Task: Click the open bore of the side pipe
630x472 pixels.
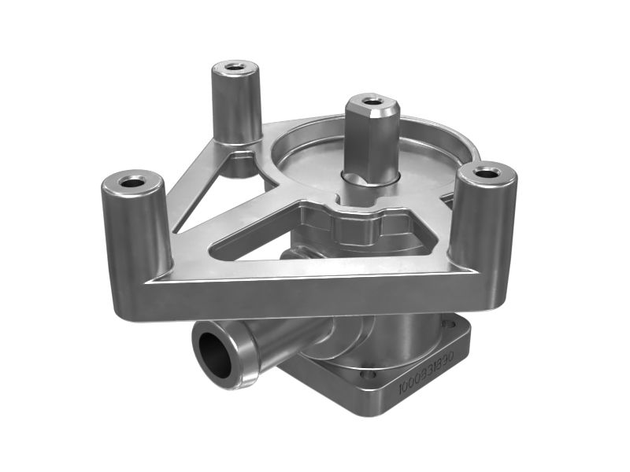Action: coord(215,353)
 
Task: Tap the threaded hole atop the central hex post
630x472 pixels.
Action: coord(374,101)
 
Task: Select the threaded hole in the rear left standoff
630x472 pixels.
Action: coord(232,67)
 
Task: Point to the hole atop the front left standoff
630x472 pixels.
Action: coord(132,183)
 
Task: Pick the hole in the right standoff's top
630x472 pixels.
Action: coord(489,170)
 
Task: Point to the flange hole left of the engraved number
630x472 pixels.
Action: coord(369,375)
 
